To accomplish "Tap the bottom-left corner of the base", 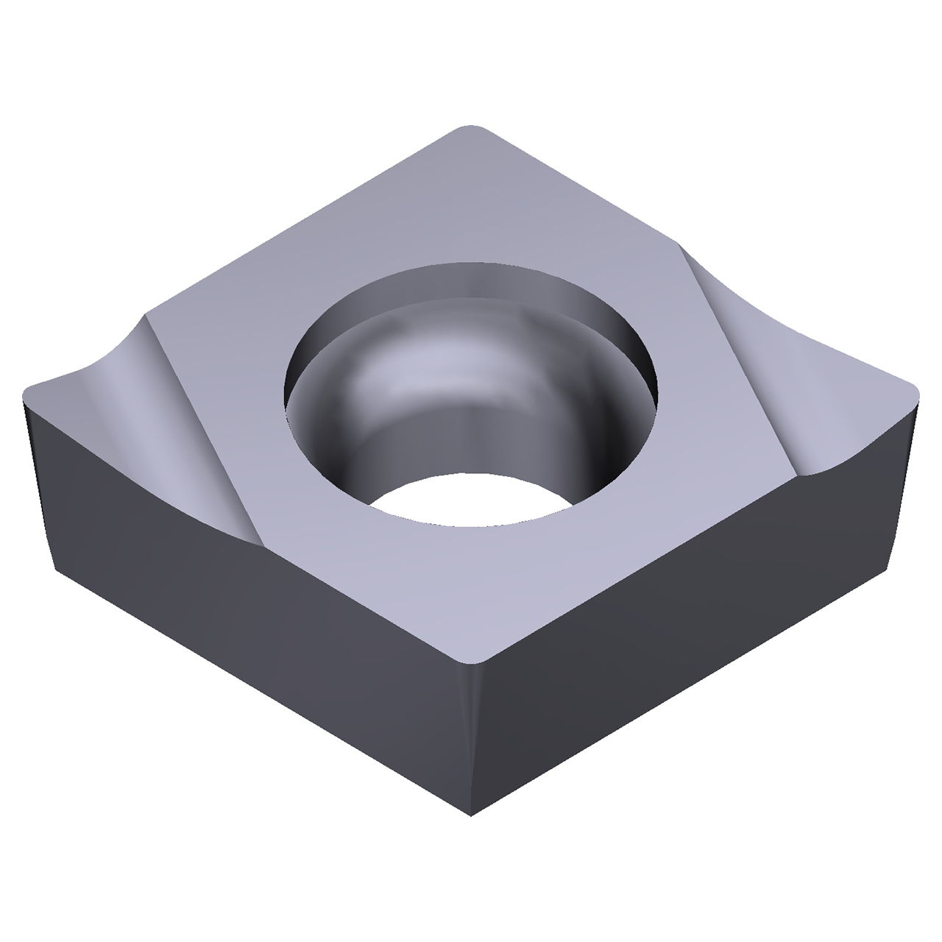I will coord(55,570).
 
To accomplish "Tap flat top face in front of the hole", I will coord(471,581).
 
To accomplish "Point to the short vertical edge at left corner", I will coord(37,478).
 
